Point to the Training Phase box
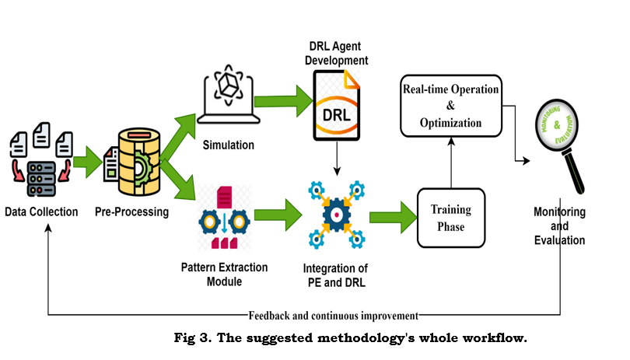(x=452, y=217)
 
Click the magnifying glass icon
(x=560, y=144)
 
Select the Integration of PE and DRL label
(x=334, y=274)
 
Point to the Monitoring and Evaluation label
(x=559, y=226)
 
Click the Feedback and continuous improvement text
(x=334, y=315)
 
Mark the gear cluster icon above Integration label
(x=335, y=213)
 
